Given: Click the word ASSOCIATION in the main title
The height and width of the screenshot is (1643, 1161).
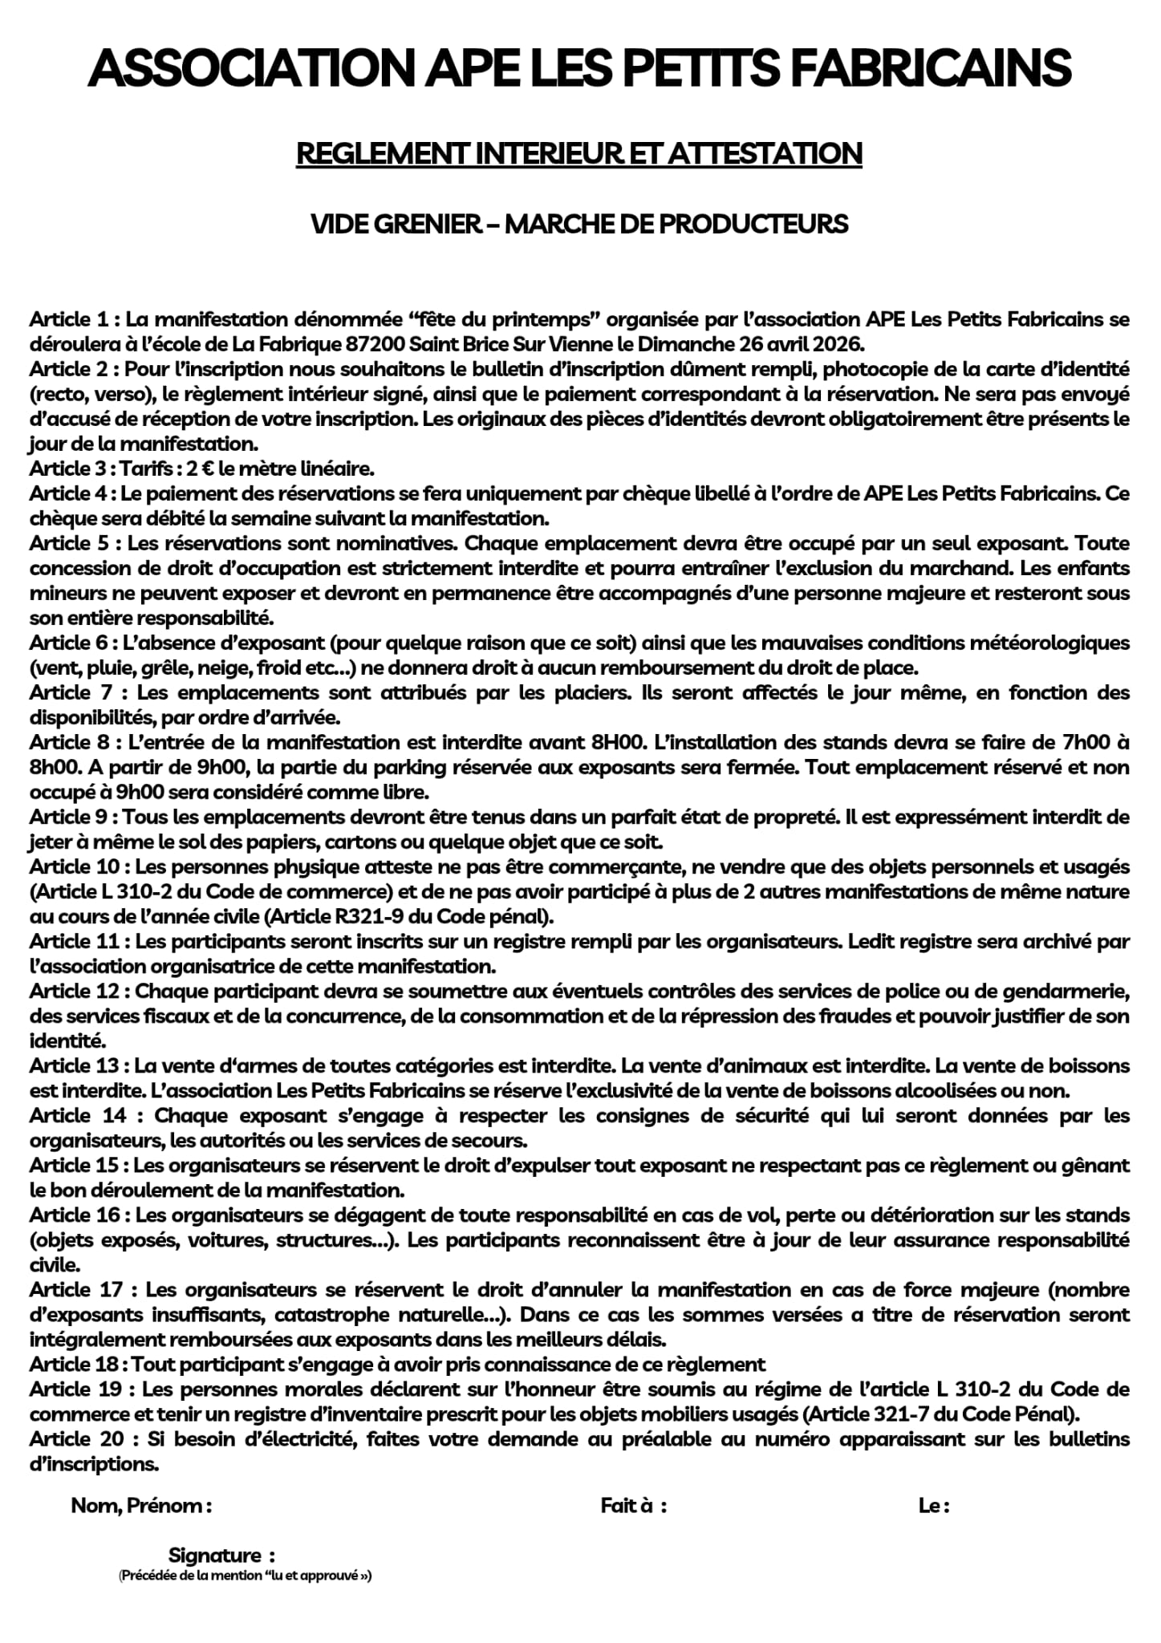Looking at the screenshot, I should click(250, 68).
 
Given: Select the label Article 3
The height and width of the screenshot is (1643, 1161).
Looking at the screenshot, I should click(69, 469).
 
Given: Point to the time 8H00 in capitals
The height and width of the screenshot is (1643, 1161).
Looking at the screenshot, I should click(617, 742).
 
